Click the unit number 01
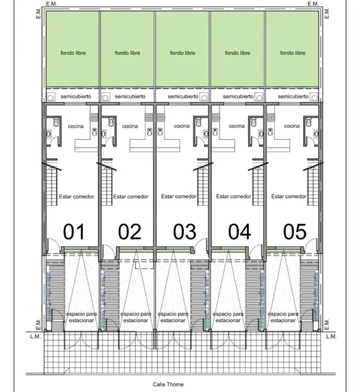74,231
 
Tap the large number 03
184,231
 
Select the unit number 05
295,231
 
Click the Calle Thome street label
168,385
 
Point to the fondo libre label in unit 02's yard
127,53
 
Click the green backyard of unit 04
237,49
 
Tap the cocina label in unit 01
76,126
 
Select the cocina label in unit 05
292,126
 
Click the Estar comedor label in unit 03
178,197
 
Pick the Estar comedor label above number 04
233,197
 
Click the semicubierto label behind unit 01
76,97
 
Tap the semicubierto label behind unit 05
293,97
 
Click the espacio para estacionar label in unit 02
136,317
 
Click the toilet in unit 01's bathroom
56,123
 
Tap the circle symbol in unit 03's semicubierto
205,97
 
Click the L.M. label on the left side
35,336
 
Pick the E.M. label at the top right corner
313,4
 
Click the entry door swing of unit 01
54,244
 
